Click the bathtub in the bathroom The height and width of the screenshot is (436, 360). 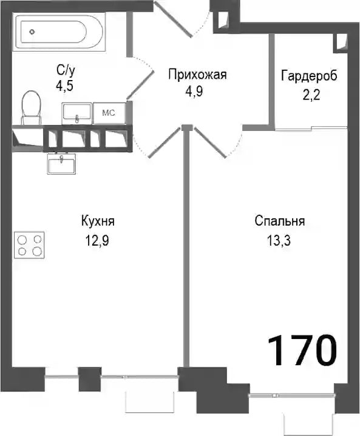[x=59, y=32]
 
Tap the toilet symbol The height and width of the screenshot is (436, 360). [x=31, y=108]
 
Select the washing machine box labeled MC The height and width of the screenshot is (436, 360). [x=109, y=113]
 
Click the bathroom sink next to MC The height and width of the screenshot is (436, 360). [x=77, y=113]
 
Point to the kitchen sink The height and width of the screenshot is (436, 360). [x=61, y=164]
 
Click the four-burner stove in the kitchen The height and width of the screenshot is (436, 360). [x=29, y=245]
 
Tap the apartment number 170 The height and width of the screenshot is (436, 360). [x=302, y=350]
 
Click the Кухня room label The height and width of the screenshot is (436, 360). [x=98, y=221]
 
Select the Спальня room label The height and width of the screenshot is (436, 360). [x=279, y=221]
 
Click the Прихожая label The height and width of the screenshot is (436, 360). [x=197, y=75]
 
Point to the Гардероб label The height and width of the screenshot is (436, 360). [x=309, y=76]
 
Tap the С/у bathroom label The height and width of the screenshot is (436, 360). [x=66, y=71]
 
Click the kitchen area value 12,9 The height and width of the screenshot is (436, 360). [x=97, y=240]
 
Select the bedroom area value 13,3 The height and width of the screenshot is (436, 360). [x=279, y=240]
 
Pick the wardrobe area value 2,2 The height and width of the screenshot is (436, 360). [x=311, y=95]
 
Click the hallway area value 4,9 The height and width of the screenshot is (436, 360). [x=194, y=91]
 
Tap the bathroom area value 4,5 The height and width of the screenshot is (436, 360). [x=64, y=86]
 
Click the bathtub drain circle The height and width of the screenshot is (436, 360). [x=32, y=32]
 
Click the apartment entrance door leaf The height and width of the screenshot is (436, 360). [x=172, y=19]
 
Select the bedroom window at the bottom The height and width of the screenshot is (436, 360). [x=292, y=395]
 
